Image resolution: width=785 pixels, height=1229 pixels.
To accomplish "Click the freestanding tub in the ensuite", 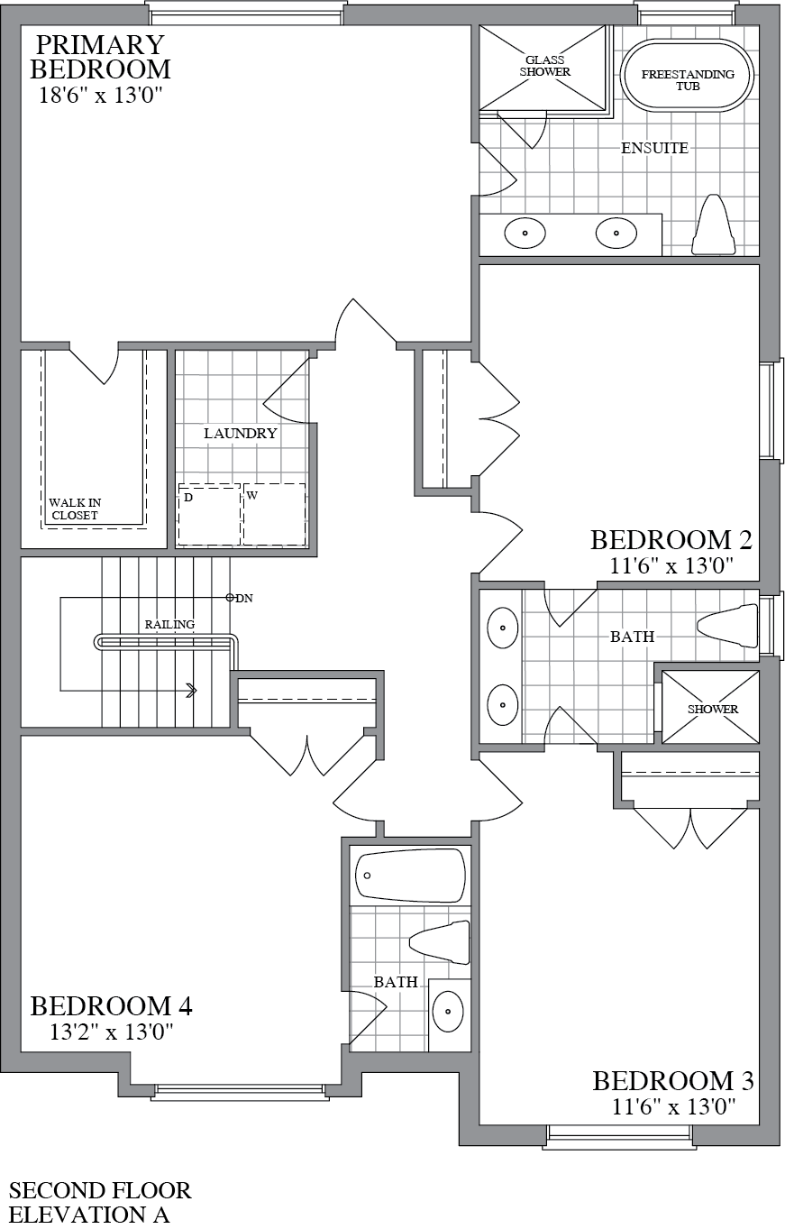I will pos(688,75).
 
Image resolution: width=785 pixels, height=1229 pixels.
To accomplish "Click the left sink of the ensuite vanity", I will pos(525,234).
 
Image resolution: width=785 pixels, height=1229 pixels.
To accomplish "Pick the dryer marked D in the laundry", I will pos(208,515).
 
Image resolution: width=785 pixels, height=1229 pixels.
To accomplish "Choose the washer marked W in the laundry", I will pos(274,515).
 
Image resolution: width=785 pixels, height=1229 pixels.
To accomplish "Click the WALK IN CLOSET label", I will pos(73,509).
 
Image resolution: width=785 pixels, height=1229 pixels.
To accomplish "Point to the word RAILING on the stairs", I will pos(169,625).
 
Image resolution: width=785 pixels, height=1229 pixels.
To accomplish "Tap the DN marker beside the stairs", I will pos(240,598).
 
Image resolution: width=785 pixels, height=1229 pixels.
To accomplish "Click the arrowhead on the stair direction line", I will pos(191,691).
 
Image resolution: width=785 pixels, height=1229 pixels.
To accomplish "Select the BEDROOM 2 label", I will pos(671,540).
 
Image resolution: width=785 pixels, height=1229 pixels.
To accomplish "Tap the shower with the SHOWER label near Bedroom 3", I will pos(712,708).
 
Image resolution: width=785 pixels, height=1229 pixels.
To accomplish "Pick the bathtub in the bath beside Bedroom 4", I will pos(411,875).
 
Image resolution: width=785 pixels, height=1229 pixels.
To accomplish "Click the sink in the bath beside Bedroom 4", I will pos(448,1012).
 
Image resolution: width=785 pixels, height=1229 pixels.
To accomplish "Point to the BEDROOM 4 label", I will pos(111,1005).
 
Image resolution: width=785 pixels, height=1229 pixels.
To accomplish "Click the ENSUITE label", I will pos(654,148).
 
